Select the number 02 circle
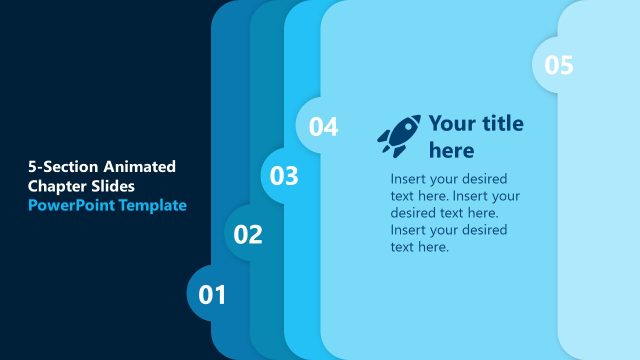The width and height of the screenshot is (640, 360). click(248, 235)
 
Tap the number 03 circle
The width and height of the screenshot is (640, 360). click(285, 176)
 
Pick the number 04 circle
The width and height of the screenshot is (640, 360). click(322, 127)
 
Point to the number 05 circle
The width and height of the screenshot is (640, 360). click(558, 65)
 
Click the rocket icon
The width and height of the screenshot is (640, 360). click(399, 135)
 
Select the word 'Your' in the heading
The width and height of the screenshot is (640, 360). click(451, 124)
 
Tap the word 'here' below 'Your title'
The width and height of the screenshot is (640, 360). click(451, 151)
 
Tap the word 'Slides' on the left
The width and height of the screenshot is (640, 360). click(113, 186)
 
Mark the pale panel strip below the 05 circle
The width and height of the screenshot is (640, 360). click(600, 220)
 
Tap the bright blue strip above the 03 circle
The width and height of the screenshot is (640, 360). click(302, 60)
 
